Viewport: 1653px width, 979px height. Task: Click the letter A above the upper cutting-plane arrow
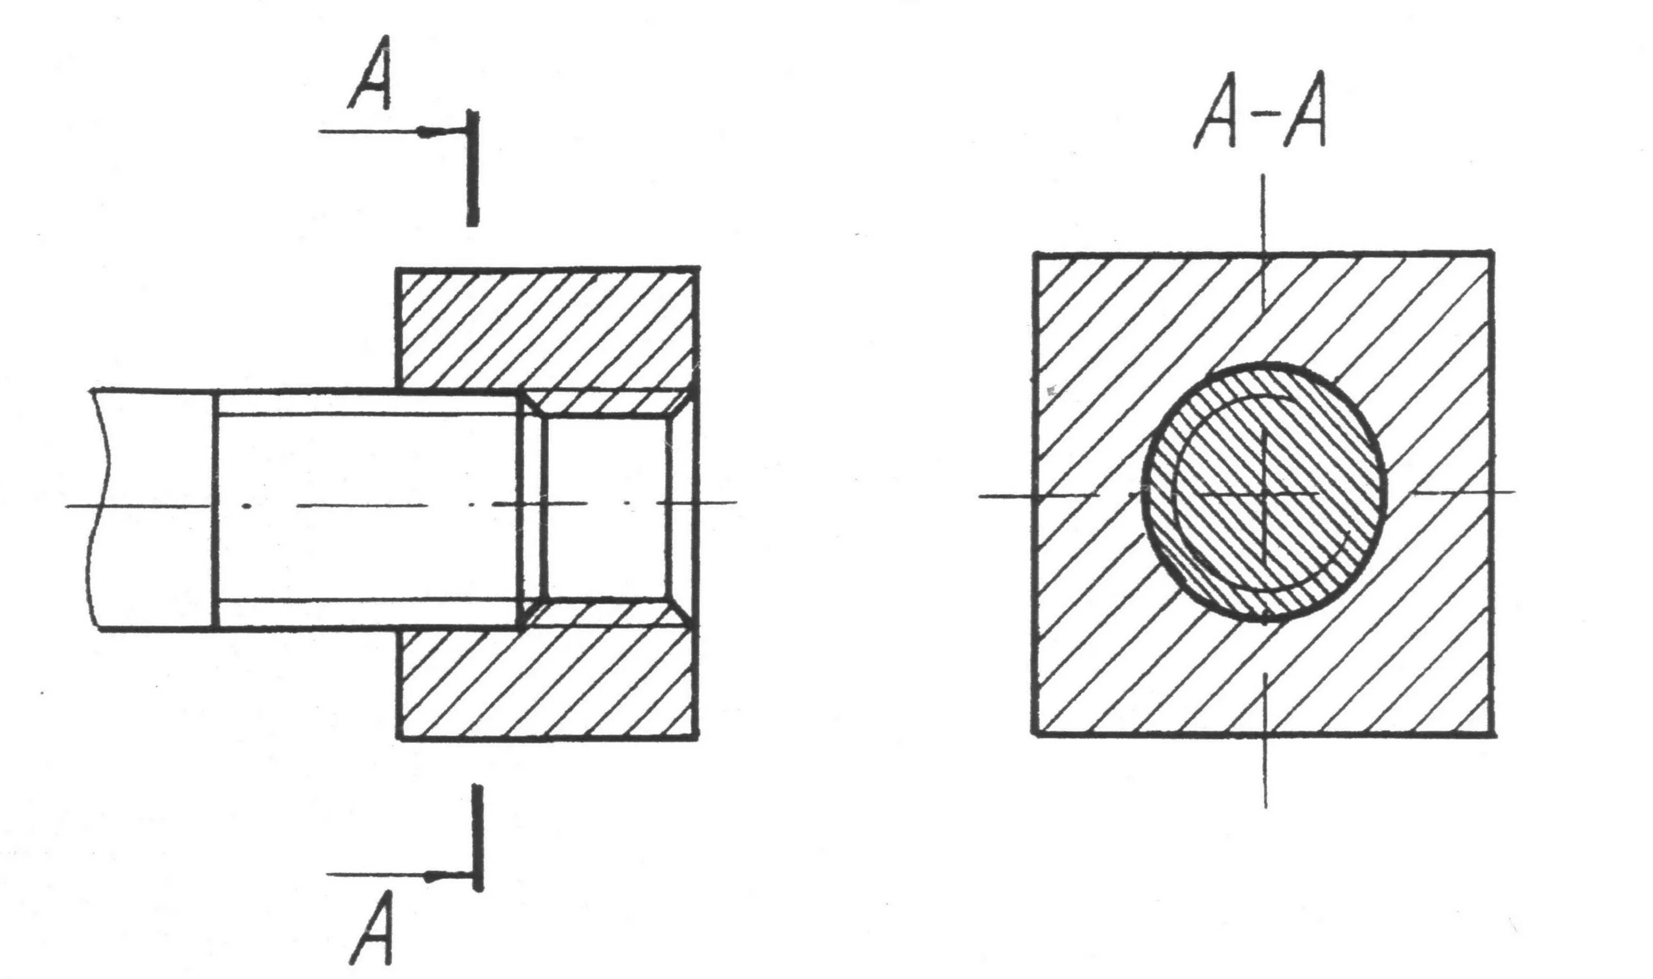(x=371, y=73)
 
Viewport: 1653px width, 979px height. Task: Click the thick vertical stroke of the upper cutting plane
(x=472, y=168)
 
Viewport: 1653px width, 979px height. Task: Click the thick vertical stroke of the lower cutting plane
(x=478, y=838)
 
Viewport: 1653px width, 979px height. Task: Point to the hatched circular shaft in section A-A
(x=1263, y=492)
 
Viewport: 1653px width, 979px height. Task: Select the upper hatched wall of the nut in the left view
(x=548, y=328)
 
